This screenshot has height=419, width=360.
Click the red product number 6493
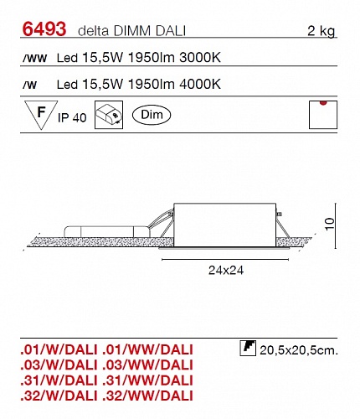point(44,29)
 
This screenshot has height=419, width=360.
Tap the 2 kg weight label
point(321,31)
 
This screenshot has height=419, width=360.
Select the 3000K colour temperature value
point(200,58)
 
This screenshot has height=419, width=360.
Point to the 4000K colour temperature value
point(200,84)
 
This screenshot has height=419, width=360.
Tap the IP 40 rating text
point(72,117)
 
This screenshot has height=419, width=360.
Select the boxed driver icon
point(109,115)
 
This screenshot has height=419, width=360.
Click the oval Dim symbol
point(152,115)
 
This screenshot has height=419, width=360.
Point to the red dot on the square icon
point(323,103)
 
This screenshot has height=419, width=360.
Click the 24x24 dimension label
point(226,270)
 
